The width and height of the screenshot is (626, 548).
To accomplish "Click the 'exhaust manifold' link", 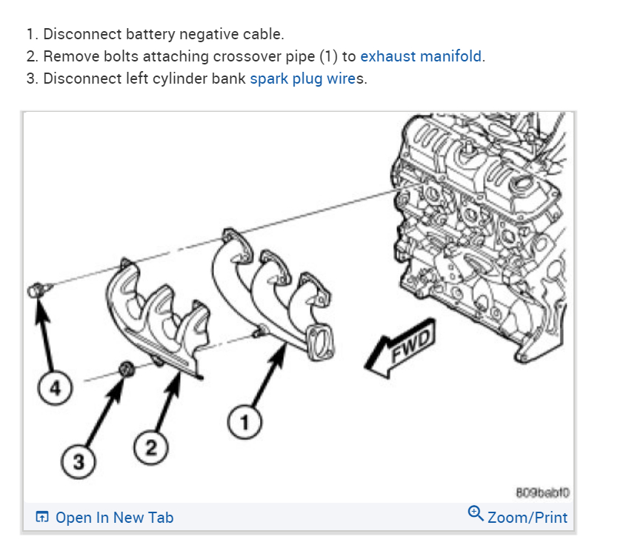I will [422, 56].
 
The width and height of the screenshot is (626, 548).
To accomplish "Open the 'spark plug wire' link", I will [302, 78].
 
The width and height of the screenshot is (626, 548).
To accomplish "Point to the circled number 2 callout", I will [151, 447].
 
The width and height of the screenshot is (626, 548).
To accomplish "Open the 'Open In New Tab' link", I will [114, 518].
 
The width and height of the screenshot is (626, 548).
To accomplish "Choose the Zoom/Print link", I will [527, 517].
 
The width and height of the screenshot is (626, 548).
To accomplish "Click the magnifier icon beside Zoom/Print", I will [476, 512].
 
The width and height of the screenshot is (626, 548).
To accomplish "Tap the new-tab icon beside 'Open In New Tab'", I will [43, 518].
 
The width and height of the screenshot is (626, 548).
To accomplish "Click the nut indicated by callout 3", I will [126, 367].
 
